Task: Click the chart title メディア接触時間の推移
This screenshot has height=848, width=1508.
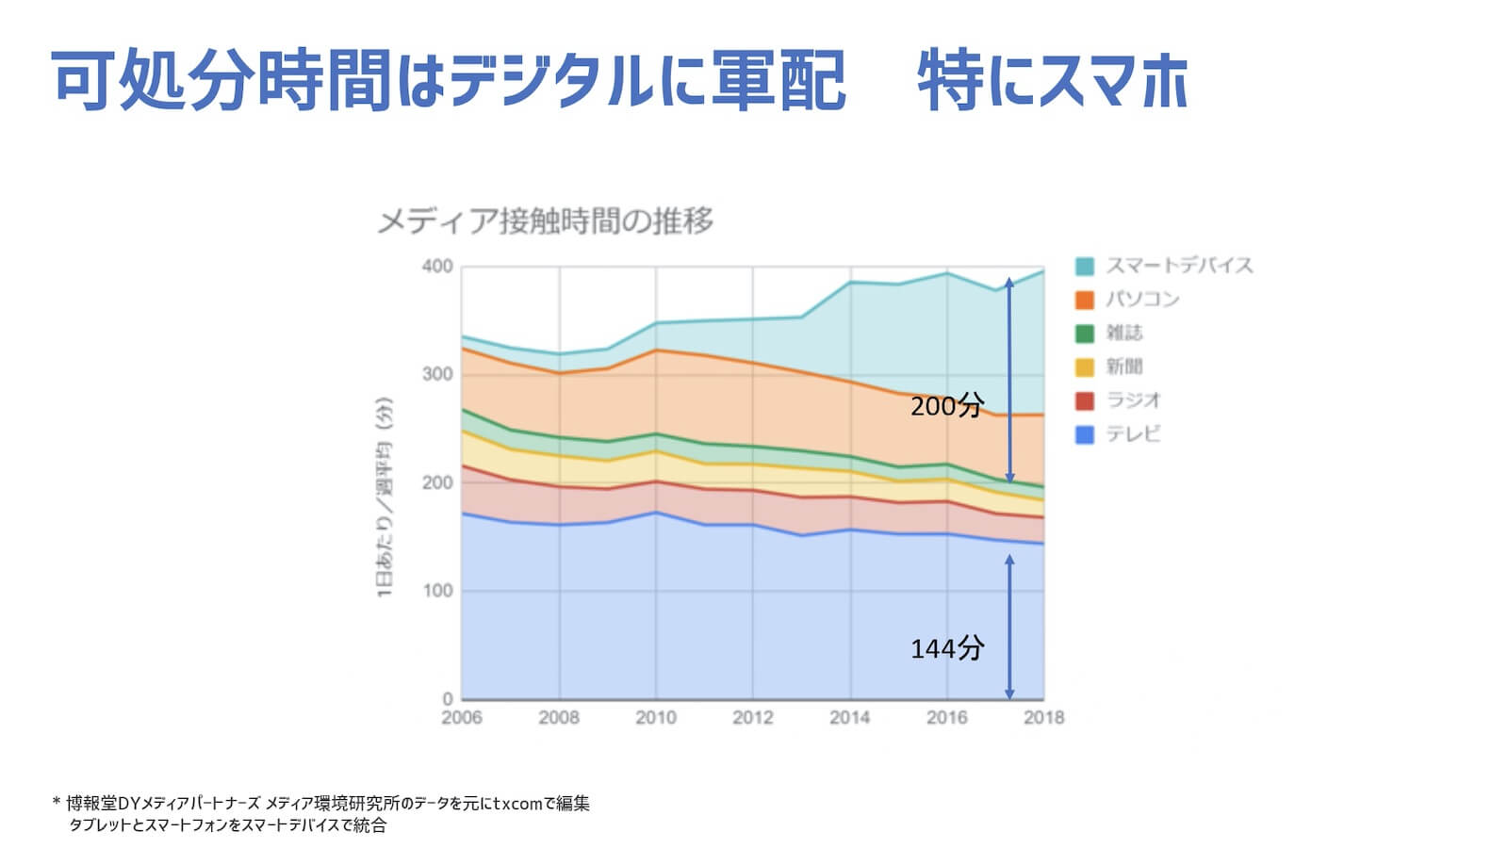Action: tap(545, 221)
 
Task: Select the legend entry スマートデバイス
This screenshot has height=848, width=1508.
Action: tap(1178, 266)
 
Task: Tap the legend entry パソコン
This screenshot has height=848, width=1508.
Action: tap(1142, 300)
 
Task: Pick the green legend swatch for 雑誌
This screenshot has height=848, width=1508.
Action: tap(1085, 334)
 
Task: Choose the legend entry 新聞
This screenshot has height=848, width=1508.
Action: tap(1123, 367)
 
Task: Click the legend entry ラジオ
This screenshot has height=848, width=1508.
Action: tap(1133, 400)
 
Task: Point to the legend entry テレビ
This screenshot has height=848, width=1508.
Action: tap(1133, 434)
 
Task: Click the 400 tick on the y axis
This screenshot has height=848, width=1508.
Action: tap(437, 267)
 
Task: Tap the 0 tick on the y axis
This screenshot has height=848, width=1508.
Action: tap(448, 699)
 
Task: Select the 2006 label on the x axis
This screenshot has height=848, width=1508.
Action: tap(462, 718)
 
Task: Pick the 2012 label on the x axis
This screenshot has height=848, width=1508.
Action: tap(753, 718)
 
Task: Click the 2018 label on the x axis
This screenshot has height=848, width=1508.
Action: tap(1043, 718)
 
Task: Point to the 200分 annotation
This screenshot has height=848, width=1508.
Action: tap(946, 406)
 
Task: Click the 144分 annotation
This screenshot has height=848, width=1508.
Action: tap(946, 648)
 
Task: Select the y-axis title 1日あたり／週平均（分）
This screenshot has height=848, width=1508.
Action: tap(385, 497)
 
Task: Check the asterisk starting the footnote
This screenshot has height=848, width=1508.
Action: tap(57, 803)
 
